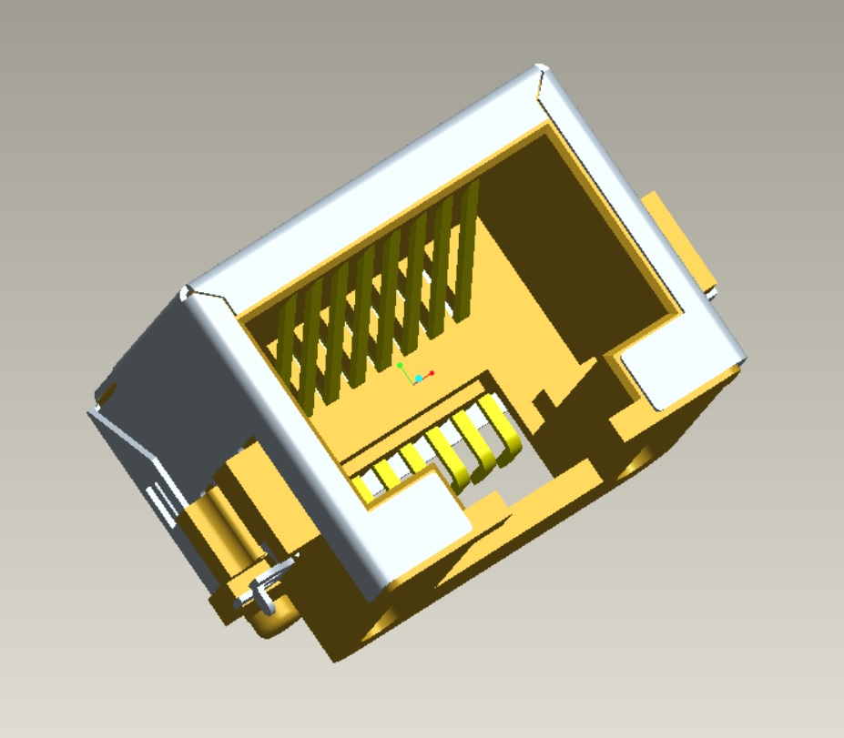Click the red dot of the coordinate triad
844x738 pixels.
(x=432, y=372)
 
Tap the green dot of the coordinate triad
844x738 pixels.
(x=400, y=366)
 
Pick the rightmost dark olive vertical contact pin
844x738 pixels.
(x=469, y=246)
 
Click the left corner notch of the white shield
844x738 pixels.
(x=189, y=292)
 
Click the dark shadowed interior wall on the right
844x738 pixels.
(x=583, y=255)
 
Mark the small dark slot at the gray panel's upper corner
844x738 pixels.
(x=107, y=392)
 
